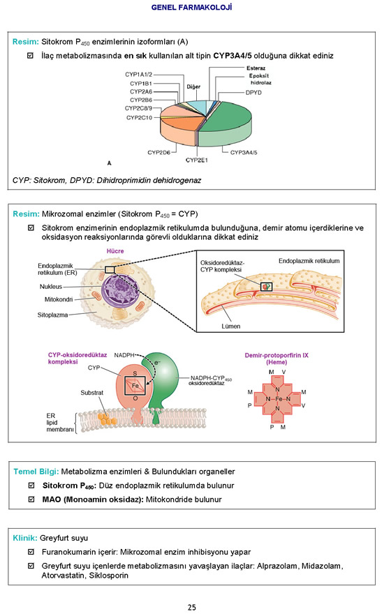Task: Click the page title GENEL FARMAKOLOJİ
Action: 191,7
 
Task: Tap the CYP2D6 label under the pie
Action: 158,152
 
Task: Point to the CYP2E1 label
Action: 196,160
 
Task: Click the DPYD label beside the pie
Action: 253,92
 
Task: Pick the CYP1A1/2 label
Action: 138,74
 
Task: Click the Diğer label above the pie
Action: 193,87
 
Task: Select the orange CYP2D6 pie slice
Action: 179,128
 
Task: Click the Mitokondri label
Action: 59,299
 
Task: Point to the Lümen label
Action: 230,326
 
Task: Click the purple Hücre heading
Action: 115,251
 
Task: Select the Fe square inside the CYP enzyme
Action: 135,386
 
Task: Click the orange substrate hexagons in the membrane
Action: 107,419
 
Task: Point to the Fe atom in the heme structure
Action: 278,399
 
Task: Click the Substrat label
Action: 92,393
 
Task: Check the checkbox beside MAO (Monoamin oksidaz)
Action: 31,499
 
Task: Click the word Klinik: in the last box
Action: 25,538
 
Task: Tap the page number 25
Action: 192,608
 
